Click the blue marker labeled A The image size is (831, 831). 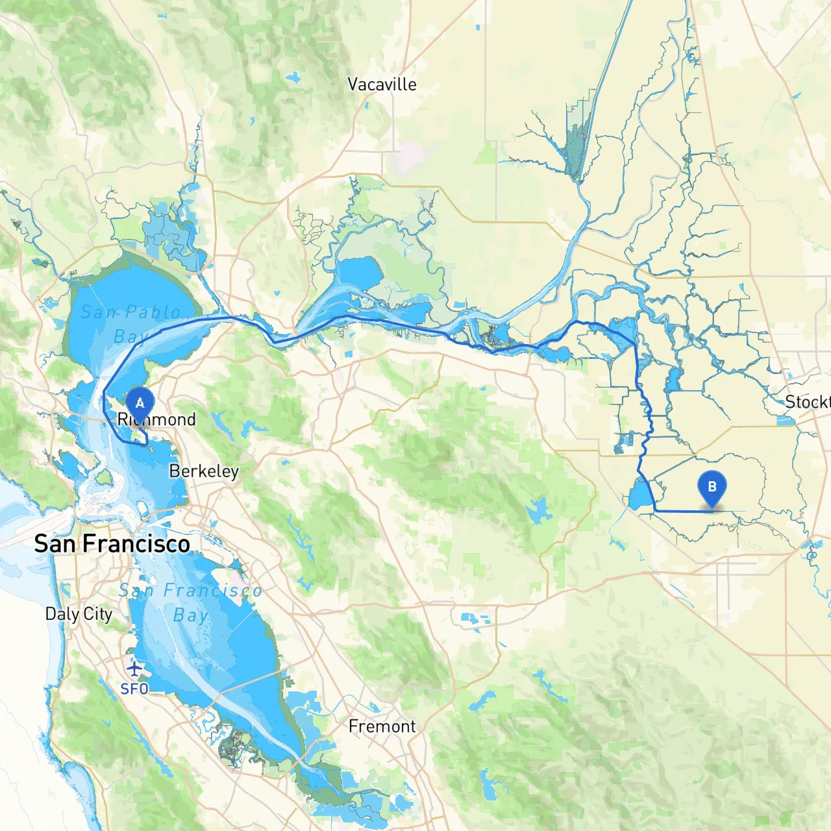click(x=140, y=404)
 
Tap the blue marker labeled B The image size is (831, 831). click(x=712, y=487)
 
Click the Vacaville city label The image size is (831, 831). click(x=382, y=84)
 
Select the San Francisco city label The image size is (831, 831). click(x=112, y=543)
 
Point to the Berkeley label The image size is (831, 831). click(x=204, y=471)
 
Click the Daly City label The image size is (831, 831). click(x=79, y=614)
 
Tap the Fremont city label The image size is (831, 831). click(x=382, y=726)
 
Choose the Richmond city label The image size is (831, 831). click(x=156, y=419)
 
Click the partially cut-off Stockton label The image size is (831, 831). click(x=808, y=402)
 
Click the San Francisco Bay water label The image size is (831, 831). click(x=190, y=602)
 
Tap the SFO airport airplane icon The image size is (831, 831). click(x=134, y=667)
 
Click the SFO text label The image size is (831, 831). click(x=134, y=689)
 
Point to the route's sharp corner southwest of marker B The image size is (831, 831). click(x=656, y=511)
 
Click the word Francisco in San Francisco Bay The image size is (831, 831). click(x=212, y=590)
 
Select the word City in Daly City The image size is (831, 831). click(x=98, y=614)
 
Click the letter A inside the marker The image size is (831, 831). click(x=140, y=403)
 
